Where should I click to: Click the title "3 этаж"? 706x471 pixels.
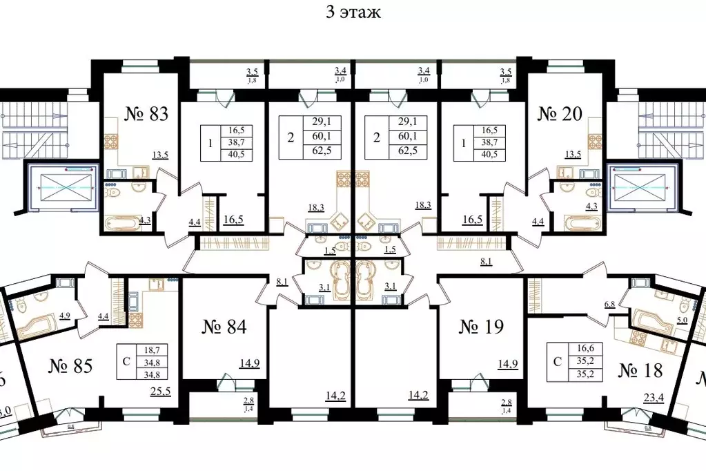(x=353, y=12)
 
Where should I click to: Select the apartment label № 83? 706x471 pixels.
(x=146, y=114)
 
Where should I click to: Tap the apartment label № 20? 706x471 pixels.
(x=559, y=114)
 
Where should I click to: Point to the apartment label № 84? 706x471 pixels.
(x=224, y=326)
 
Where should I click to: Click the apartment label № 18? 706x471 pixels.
(x=639, y=370)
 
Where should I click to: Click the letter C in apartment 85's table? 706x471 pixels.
(x=126, y=361)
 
